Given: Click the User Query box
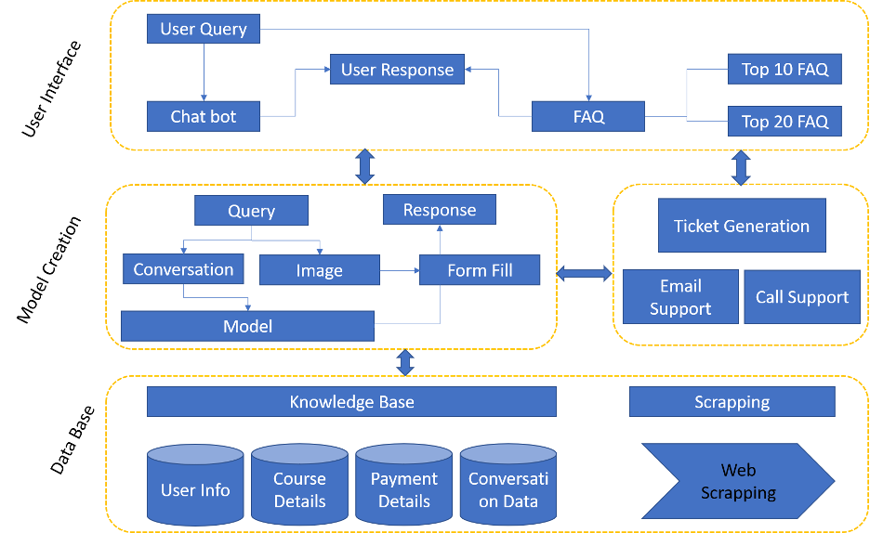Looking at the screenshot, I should [x=203, y=29].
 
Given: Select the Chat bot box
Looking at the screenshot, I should [x=203, y=117].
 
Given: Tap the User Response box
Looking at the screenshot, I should [x=397, y=70].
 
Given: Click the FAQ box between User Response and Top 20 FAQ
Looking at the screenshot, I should [x=588, y=117].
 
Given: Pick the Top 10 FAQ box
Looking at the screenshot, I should [x=784, y=69].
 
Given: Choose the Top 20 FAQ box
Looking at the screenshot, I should [x=784, y=121].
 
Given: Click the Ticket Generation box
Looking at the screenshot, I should [x=741, y=227].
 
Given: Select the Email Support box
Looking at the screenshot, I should [x=680, y=297].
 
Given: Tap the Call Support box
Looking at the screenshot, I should [x=801, y=297].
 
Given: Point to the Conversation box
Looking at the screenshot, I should [x=183, y=269].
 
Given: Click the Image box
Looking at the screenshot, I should [x=319, y=270].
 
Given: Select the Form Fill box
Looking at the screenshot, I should [x=479, y=270].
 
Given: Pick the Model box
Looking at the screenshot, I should [x=247, y=326].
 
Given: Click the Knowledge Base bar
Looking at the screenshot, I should [x=351, y=402].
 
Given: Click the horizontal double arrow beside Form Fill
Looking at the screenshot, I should [x=584, y=273].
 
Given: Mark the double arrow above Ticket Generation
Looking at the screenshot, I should [x=741, y=168].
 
